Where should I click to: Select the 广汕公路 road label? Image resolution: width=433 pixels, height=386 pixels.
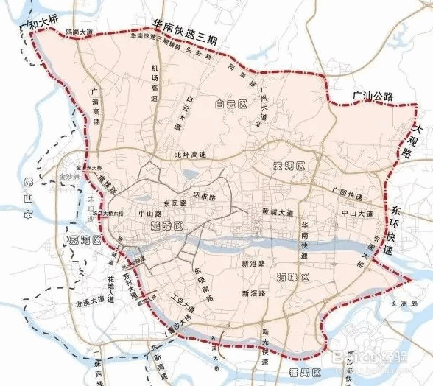pos(373,96)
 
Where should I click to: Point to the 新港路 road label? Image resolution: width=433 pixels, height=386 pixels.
pos(253,262)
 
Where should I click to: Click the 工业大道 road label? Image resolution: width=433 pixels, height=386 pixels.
pos(180,303)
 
